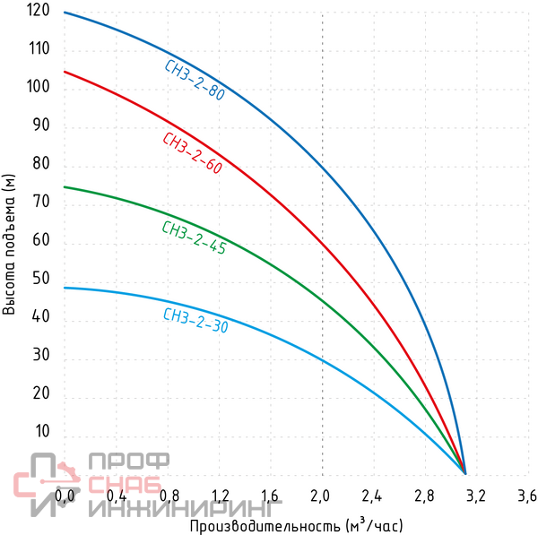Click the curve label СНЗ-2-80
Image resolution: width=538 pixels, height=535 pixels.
(x=195, y=80)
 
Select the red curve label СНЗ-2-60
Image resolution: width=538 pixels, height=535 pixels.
(x=192, y=153)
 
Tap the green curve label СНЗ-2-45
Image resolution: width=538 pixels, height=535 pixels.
(x=194, y=238)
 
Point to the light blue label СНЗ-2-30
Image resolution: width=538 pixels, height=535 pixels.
(x=195, y=321)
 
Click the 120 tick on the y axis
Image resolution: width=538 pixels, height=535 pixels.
(x=39, y=13)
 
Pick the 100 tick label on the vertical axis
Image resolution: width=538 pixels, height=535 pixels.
(x=39, y=87)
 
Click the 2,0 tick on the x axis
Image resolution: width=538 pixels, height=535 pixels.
(x=320, y=496)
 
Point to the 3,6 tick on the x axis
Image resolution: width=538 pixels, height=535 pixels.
(x=527, y=496)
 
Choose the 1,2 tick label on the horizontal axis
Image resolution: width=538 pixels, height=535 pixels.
(x=218, y=496)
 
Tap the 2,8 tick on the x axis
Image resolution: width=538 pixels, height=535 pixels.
(x=424, y=496)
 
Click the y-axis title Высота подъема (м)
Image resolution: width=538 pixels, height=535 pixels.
(x=10, y=244)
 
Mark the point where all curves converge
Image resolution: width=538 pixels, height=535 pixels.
(x=465, y=472)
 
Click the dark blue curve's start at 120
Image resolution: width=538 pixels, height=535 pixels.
(x=65, y=13)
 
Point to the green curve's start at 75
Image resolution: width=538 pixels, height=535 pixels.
(x=65, y=186)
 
